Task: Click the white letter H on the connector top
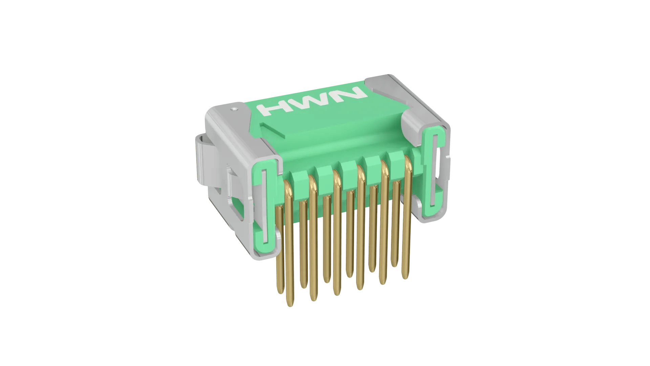(273, 110)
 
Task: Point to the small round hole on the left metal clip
(234, 109)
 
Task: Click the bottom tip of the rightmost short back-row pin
(394, 265)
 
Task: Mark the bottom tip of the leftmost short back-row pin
(280, 291)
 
